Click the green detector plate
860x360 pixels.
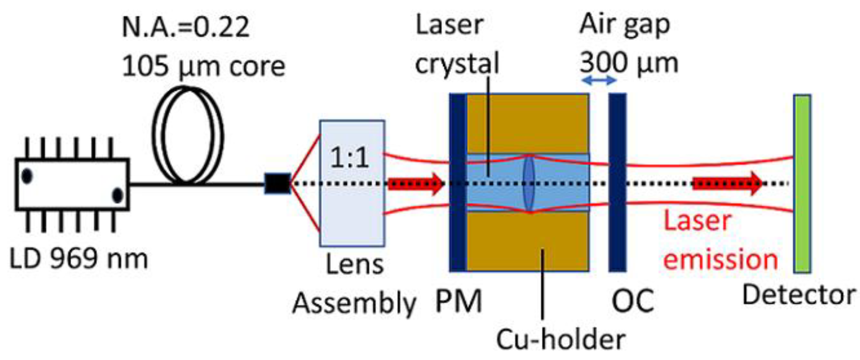[802, 184]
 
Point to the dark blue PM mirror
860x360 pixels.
[458, 183]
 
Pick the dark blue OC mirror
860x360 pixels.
[617, 183]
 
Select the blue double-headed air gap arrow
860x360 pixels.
[599, 80]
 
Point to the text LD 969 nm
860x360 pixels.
[79, 259]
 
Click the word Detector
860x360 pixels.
[799, 295]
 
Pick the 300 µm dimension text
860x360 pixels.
[628, 63]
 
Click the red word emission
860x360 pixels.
[720, 259]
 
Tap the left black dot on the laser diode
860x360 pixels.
[27, 176]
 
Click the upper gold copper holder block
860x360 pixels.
[527, 123]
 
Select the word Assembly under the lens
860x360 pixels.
[354, 304]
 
